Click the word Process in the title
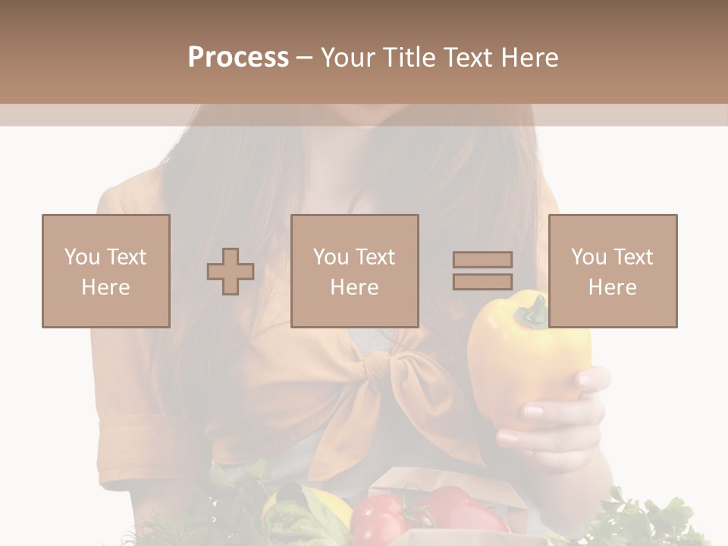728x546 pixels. (238, 58)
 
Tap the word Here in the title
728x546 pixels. (531, 58)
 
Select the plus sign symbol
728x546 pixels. (231, 271)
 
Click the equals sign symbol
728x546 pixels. (482, 271)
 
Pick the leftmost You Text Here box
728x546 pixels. (106, 271)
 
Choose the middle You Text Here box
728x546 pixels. (355, 271)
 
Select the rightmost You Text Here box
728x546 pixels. (613, 271)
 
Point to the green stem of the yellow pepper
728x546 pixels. (537, 309)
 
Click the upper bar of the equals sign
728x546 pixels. (482, 260)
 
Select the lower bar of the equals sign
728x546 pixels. (482, 281)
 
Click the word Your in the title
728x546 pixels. (347, 58)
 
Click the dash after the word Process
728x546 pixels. (304, 58)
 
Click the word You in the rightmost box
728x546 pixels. (588, 257)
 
